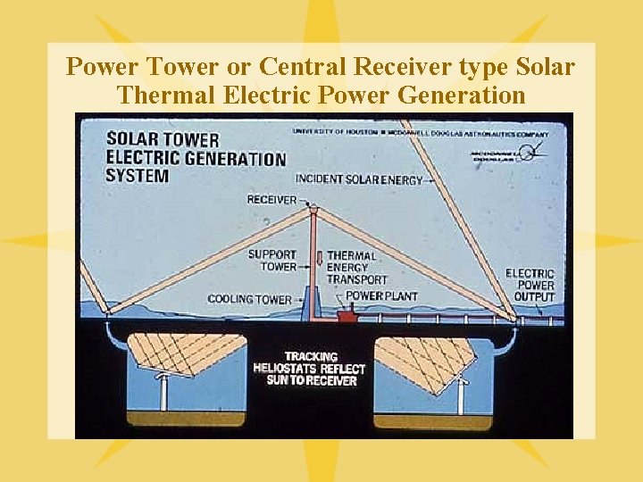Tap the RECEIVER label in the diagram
click(271, 199)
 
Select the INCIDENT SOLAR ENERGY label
click(358, 179)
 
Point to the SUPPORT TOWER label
click(272, 261)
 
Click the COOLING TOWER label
click(249, 299)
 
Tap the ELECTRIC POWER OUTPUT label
click(530, 285)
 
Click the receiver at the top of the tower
click(313, 211)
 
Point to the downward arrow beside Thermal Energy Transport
click(319, 260)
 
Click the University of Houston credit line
click(420, 133)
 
